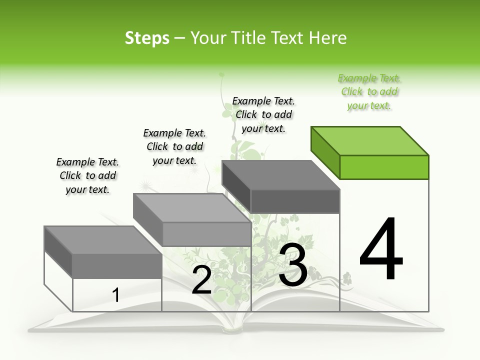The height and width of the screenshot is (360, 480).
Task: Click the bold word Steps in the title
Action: pyautogui.click(x=147, y=38)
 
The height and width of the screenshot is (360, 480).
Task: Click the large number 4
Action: pyautogui.click(x=381, y=250)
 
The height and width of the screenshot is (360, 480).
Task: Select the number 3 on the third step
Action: pyautogui.click(x=293, y=265)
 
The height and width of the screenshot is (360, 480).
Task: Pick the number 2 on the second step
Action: pyautogui.click(x=201, y=280)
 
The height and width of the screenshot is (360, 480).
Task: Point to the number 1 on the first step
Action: pyautogui.click(x=115, y=295)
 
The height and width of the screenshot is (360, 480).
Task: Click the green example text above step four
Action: pyautogui.click(x=369, y=92)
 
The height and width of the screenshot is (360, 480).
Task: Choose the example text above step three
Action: pyautogui.click(x=263, y=114)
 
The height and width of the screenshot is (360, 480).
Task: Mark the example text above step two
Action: pyautogui.click(x=174, y=146)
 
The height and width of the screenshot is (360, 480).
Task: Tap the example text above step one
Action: pyautogui.click(x=87, y=175)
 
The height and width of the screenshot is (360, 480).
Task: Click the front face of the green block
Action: pyautogui.click(x=384, y=167)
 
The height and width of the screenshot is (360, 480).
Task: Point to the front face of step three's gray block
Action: pyautogui.click(x=295, y=201)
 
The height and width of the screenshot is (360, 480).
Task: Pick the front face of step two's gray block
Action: pyautogui.click(x=206, y=234)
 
